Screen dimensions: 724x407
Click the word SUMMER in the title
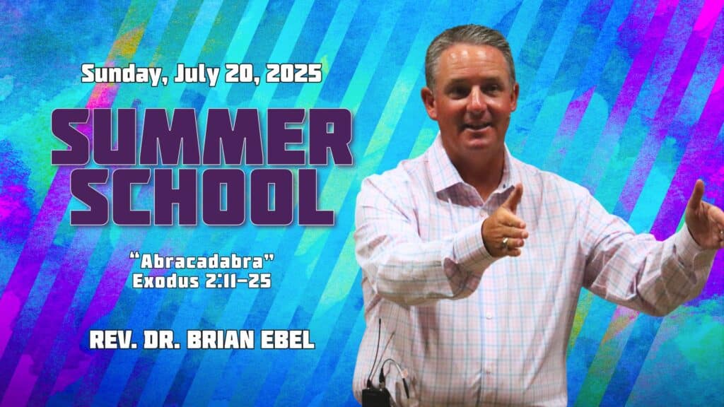click(202, 137)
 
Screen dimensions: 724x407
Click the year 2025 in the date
click(293, 73)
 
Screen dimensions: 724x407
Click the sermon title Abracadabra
click(202, 261)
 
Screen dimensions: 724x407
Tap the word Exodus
click(165, 281)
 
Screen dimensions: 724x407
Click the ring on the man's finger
click(505, 242)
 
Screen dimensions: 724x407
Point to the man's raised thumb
click(514, 198)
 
